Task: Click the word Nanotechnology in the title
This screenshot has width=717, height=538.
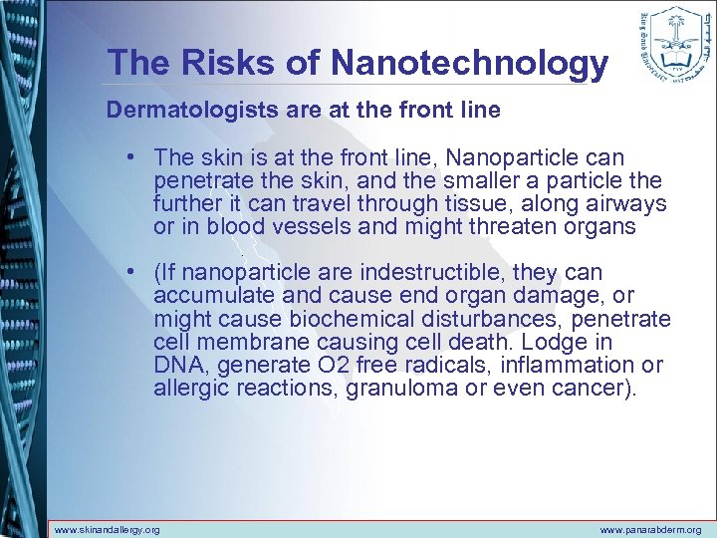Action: tap(469, 63)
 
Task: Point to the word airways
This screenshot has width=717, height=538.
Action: tap(627, 204)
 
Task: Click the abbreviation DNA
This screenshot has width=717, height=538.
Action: tap(176, 365)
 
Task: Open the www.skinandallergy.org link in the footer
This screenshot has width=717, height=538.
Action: tap(107, 530)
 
